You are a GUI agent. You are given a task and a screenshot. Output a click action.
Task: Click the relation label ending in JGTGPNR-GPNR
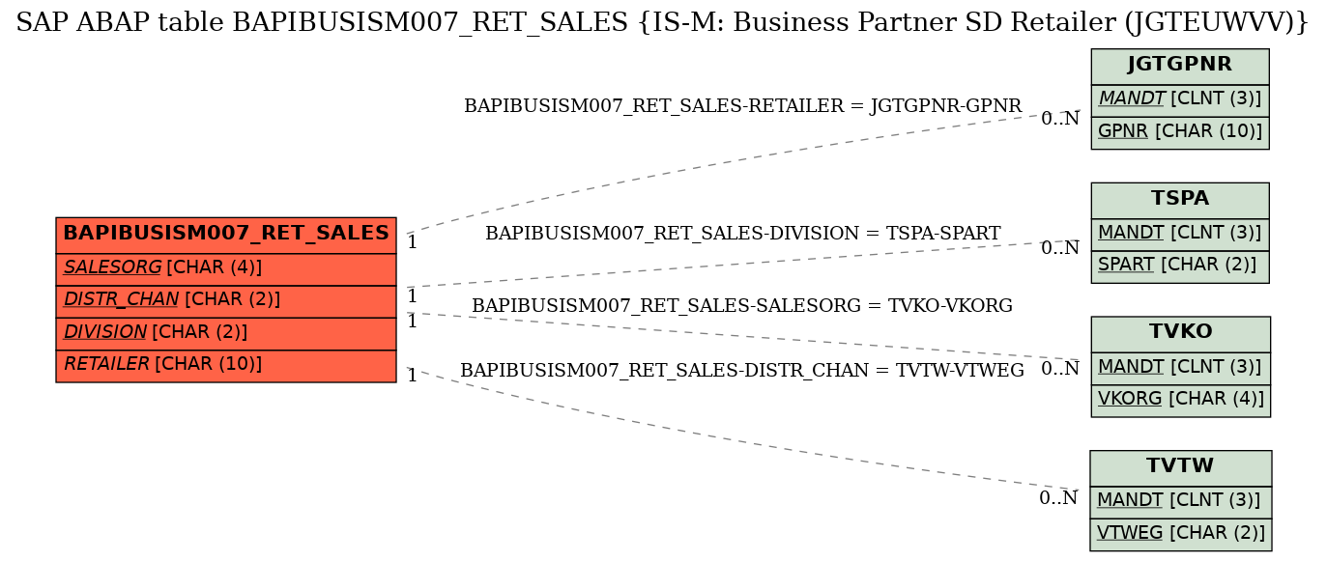click(742, 106)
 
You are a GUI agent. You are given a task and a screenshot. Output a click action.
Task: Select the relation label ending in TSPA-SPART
click(743, 233)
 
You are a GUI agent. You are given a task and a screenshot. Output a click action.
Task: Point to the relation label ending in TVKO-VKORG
click(741, 305)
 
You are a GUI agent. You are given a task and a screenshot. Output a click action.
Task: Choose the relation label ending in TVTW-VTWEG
click(741, 370)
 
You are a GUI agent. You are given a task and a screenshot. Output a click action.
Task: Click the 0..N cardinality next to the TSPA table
click(1060, 247)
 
